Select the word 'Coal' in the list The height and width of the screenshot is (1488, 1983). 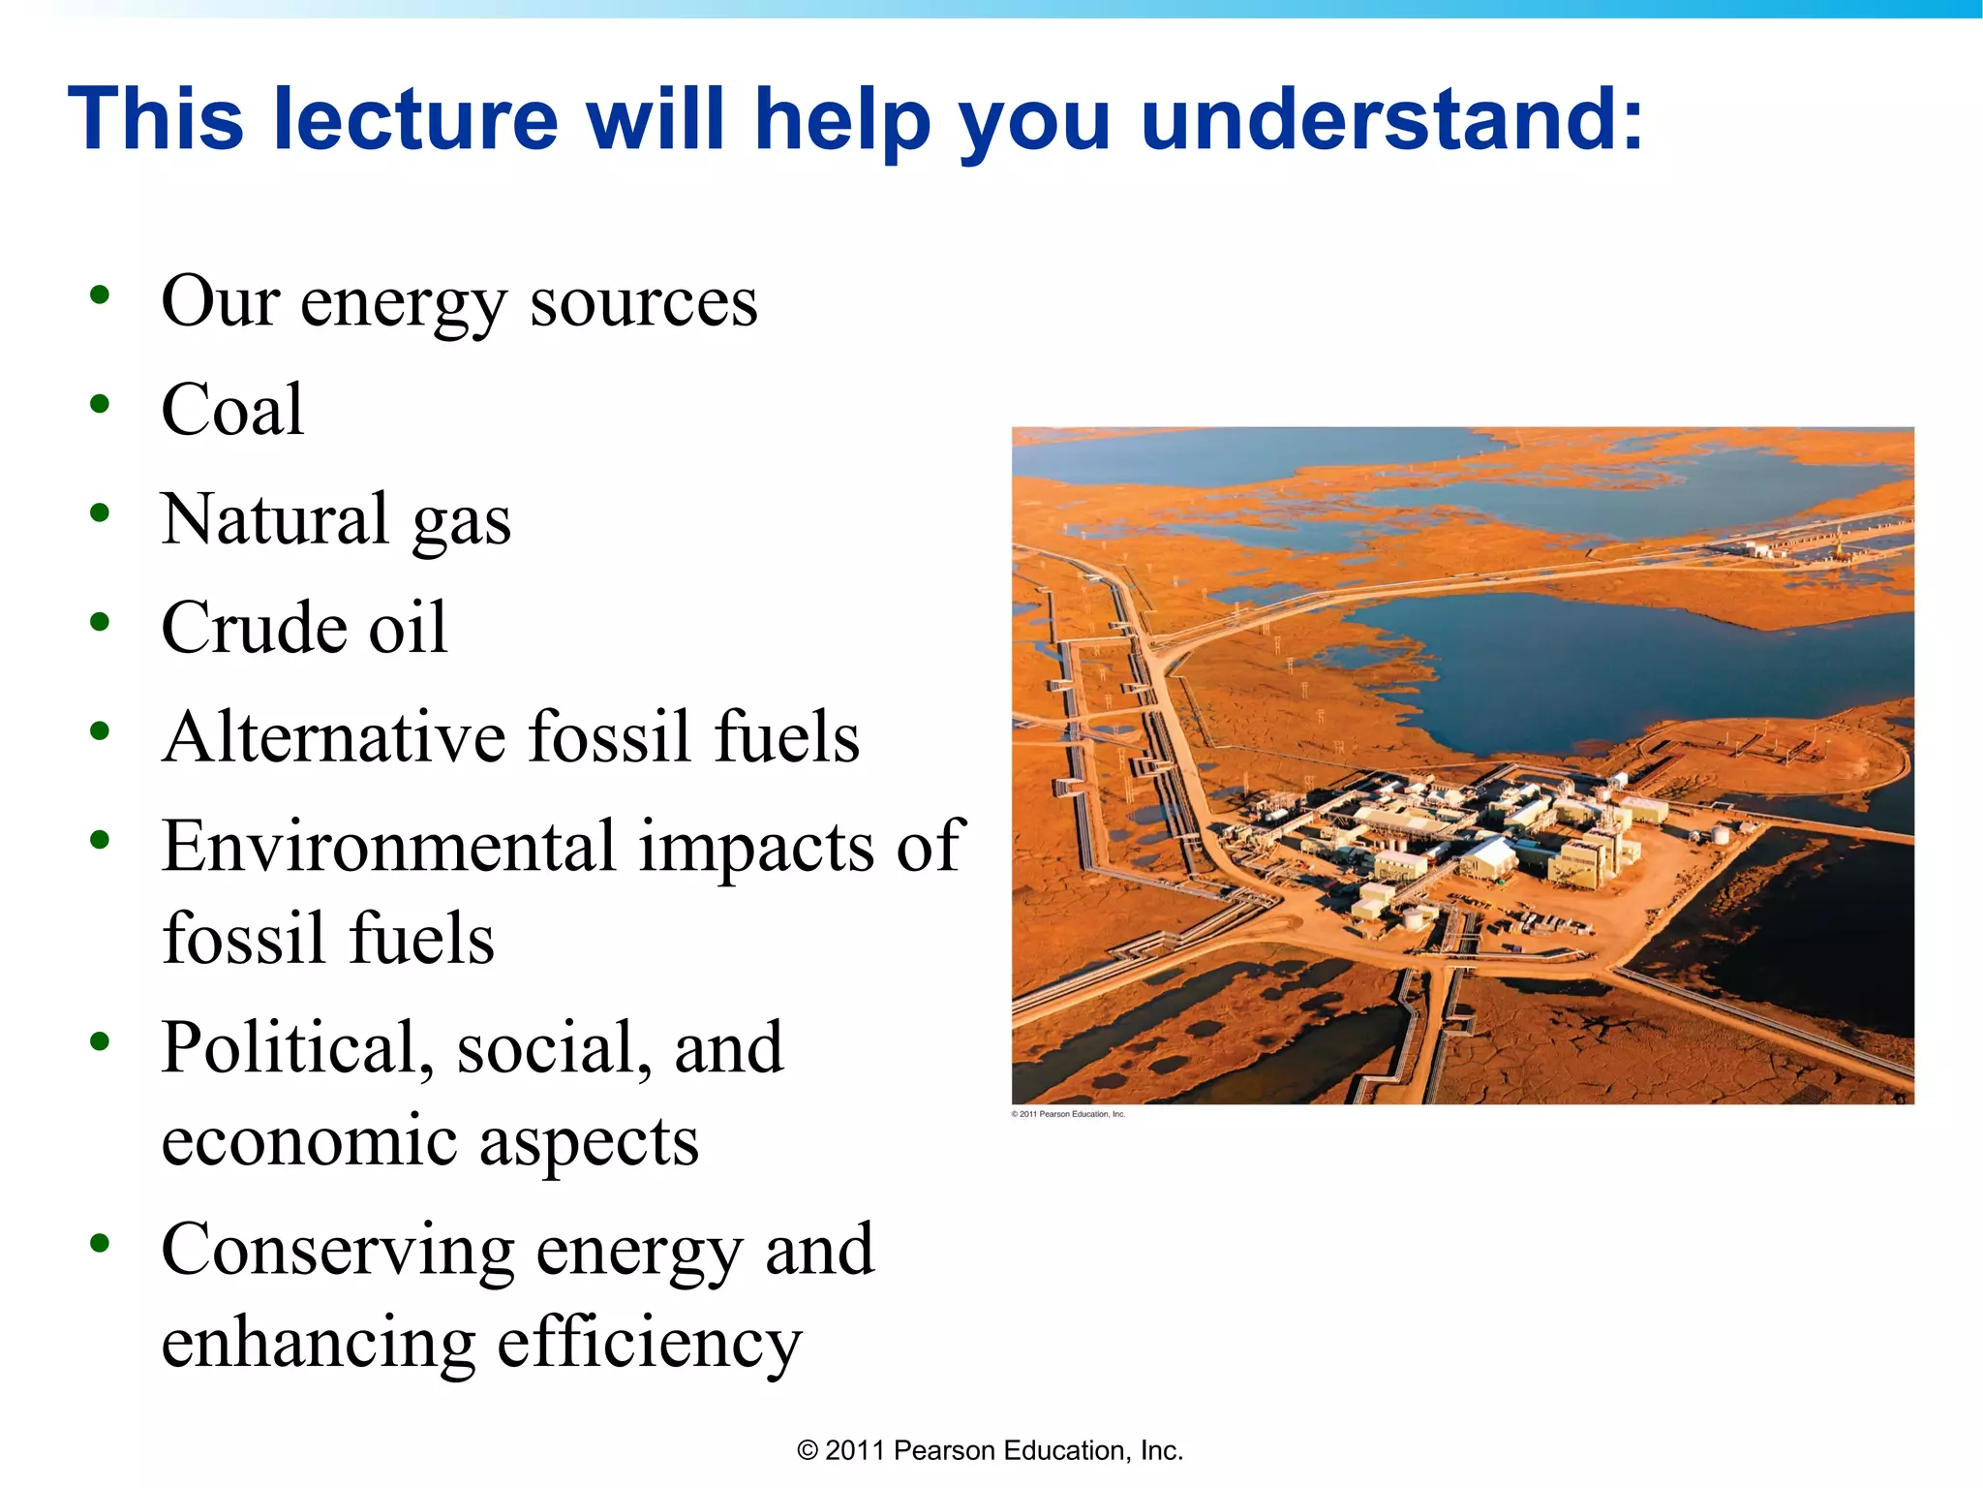pyautogui.click(x=232, y=410)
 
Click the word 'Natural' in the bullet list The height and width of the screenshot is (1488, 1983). pyautogui.click(x=275, y=519)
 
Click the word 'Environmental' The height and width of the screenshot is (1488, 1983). pyautogui.click(x=387, y=846)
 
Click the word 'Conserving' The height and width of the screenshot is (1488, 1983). pyautogui.click(x=337, y=1249)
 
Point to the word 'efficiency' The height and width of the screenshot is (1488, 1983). pyautogui.click(x=649, y=1344)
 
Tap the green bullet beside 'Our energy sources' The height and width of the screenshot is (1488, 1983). pyautogui.click(x=99, y=294)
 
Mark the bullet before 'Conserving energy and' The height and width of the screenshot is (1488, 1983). pyautogui.click(x=99, y=1242)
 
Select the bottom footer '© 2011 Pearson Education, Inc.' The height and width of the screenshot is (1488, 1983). pyautogui.click(x=990, y=1450)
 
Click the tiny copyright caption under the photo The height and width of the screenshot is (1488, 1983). pyautogui.click(x=1068, y=1114)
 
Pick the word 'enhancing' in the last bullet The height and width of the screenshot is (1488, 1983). pyautogui.click(x=318, y=1344)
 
